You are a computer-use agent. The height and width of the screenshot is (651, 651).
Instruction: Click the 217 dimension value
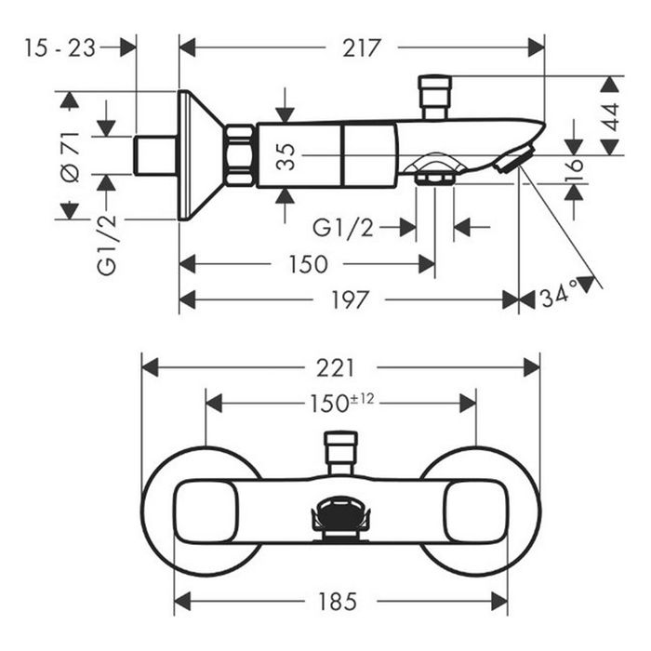tap(362, 47)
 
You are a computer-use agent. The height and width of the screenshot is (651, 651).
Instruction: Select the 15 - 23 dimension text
tap(61, 47)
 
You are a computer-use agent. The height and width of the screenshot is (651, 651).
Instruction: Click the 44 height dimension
tap(610, 116)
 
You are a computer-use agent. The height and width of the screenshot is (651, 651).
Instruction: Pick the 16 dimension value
tap(576, 167)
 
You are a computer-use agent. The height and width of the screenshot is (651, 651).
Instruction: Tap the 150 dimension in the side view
tap(307, 264)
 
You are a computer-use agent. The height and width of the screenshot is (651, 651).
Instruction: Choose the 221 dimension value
tap(335, 367)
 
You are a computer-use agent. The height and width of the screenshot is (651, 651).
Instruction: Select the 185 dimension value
tap(337, 602)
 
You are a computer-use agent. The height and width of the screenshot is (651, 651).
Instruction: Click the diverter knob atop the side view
tap(433, 97)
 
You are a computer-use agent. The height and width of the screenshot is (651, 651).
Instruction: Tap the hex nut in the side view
tap(240, 156)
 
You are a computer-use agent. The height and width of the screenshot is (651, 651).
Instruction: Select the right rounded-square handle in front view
tap(475, 511)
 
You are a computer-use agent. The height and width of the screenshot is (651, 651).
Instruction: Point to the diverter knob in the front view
tap(340, 451)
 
